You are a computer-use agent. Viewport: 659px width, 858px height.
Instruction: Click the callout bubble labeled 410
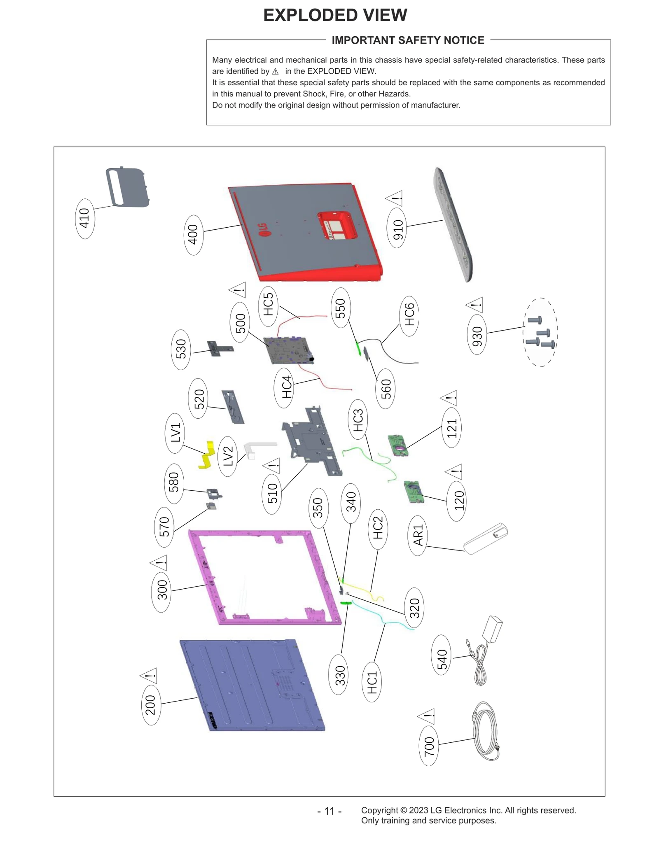pos(84,218)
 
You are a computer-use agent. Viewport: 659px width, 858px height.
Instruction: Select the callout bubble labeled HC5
pos(268,306)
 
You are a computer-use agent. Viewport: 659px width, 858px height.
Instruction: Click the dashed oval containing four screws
pos(540,332)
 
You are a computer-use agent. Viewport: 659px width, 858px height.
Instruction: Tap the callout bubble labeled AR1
pos(418,535)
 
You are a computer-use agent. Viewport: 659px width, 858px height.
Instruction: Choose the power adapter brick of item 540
pos(494,629)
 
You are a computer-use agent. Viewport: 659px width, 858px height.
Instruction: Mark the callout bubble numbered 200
pos(151,704)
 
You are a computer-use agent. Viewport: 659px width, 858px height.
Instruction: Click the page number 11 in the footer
pos(329,811)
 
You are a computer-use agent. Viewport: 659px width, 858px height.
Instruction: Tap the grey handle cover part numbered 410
pos(127,187)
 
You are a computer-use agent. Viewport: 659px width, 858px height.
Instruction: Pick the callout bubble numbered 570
pos(164,527)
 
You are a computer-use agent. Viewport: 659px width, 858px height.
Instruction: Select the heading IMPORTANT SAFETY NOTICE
pos(408,40)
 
